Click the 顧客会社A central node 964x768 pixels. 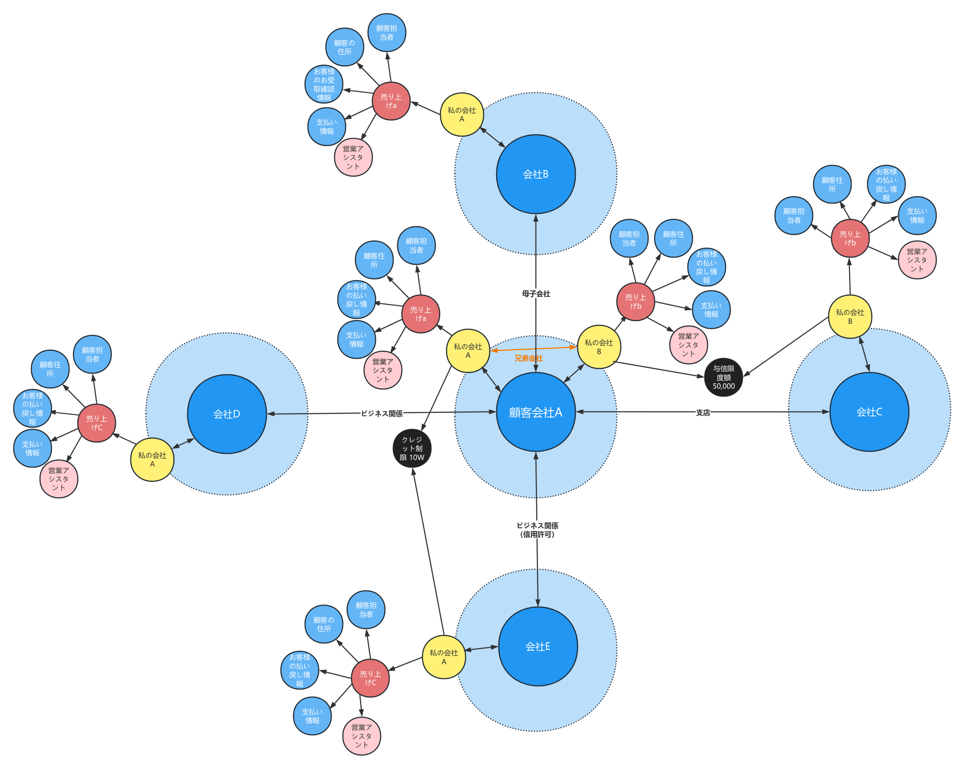535,412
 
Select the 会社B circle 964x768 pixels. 535,174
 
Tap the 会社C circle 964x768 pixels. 869,412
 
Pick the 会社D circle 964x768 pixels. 227,414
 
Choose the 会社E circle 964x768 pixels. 538,646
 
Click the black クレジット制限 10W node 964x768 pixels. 412,448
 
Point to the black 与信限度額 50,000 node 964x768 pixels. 723,377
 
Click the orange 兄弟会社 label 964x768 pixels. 529,358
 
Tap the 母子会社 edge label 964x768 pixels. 536,294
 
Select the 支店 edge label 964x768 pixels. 703,412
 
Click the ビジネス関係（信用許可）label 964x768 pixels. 537,530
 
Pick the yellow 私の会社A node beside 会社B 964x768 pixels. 462,115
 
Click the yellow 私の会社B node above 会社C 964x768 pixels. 850,317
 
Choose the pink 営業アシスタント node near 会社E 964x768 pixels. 361,736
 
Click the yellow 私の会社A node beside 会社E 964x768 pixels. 444,657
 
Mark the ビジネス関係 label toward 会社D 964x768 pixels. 382,413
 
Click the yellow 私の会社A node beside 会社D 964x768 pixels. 152,459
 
